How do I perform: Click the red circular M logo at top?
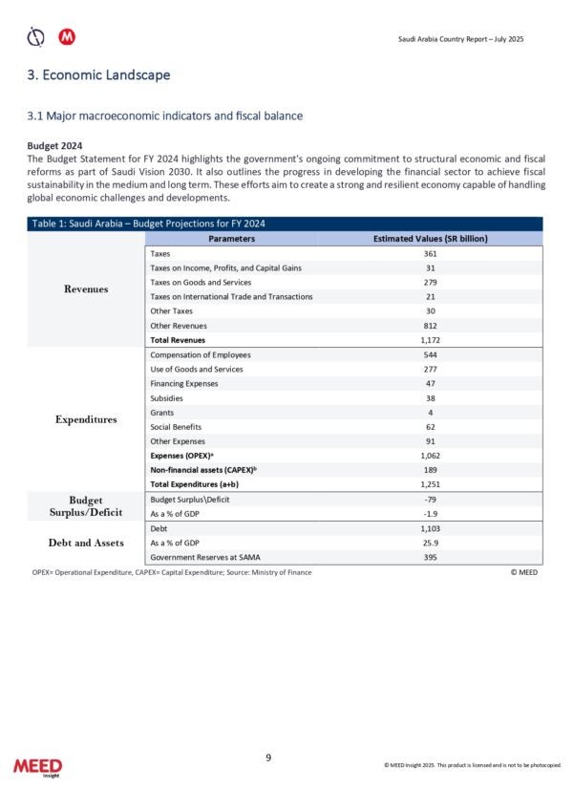(x=67, y=37)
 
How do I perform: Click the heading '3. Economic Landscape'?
(x=99, y=75)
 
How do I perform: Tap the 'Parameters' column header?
(x=231, y=238)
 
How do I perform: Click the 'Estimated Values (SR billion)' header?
(x=430, y=238)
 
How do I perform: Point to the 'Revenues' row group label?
(x=86, y=289)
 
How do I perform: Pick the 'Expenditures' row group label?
(x=86, y=418)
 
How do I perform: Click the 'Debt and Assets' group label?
(x=86, y=543)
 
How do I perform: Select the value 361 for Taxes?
(x=430, y=254)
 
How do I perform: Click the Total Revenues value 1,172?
(x=430, y=339)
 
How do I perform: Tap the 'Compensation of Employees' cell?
(x=201, y=354)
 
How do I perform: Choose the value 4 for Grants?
(x=430, y=413)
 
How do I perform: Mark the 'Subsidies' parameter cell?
(x=167, y=398)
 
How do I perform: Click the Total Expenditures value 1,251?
(x=430, y=485)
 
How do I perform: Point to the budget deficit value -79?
(x=430, y=500)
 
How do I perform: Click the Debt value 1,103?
(x=430, y=527)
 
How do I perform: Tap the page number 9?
(x=268, y=758)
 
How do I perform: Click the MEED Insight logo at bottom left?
(x=37, y=768)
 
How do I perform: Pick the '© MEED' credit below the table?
(x=525, y=572)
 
